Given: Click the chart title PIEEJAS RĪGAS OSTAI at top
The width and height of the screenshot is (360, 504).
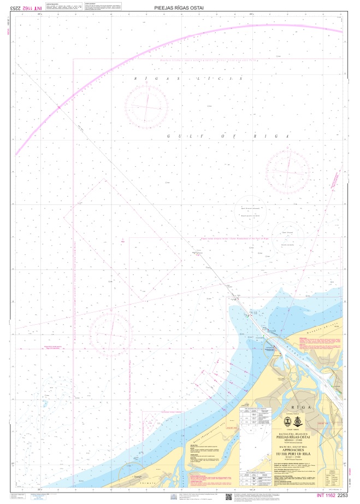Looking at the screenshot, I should [x=179, y=8].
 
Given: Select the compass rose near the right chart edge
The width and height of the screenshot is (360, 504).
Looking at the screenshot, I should [x=288, y=172].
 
